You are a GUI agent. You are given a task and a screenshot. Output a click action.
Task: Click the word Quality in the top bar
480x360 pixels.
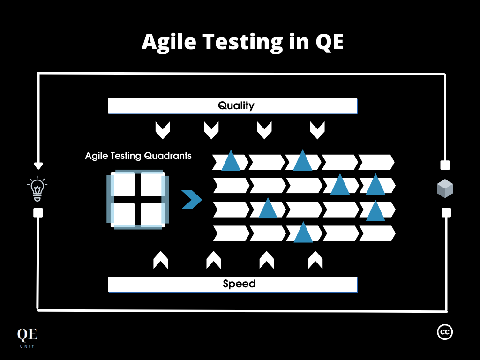pyautogui.click(x=236, y=106)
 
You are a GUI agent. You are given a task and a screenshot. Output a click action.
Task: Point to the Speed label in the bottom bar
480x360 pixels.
pyautogui.click(x=239, y=284)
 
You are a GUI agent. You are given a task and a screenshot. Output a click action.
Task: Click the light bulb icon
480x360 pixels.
pyautogui.click(x=37, y=188)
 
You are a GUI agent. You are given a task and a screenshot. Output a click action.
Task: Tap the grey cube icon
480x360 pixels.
pyautogui.click(x=445, y=188)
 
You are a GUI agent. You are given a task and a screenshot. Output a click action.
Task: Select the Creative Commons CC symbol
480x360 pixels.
pyautogui.click(x=445, y=332)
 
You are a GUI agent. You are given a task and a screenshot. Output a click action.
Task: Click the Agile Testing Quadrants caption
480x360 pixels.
pyautogui.click(x=138, y=156)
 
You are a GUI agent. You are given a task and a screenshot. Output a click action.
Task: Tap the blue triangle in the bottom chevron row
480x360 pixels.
pyautogui.click(x=303, y=232)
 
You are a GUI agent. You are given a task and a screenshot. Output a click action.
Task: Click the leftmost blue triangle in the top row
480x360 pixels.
pyautogui.click(x=231, y=161)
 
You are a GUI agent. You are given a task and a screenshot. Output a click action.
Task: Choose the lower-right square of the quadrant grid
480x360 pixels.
pyautogui.click(x=151, y=214)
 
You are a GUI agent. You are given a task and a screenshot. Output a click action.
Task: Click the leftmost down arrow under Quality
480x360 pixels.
pyautogui.click(x=162, y=131)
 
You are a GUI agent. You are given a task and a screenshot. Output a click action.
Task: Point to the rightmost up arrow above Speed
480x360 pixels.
pyautogui.click(x=315, y=260)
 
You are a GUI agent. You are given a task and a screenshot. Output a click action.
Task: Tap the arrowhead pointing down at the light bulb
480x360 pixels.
pyautogui.click(x=38, y=165)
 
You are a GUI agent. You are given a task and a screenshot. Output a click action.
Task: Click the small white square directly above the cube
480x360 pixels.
pyautogui.click(x=445, y=165)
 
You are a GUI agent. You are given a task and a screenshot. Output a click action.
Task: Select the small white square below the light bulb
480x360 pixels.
pyautogui.click(x=38, y=213)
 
